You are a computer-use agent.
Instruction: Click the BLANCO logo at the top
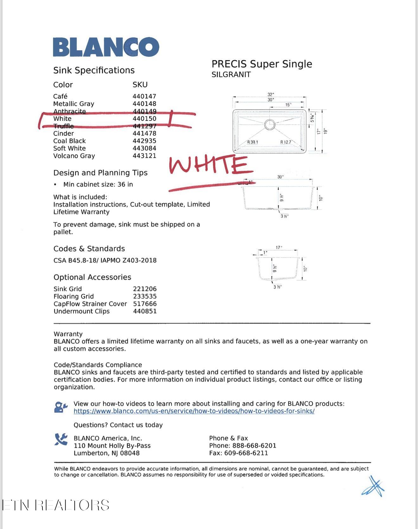pos(106,47)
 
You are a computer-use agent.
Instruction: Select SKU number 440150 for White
pos(144,119)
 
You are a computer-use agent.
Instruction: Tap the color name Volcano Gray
pos(74,156)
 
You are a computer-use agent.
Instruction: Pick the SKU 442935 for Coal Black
pos(144,141)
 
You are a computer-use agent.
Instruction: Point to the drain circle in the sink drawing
pos(269,124)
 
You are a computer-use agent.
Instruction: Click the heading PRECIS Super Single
pos(262,64)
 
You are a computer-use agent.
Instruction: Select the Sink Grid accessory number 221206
pos(145,289)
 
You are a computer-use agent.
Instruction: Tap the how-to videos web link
pos(194,411)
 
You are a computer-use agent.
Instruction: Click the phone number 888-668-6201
pos(254,445)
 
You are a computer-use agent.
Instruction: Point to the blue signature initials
pos(374,487)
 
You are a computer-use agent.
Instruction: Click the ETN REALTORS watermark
pos(56,505)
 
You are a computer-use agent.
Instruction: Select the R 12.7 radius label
pos(286,142)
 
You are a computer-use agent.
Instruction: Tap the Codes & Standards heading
pos(89,249)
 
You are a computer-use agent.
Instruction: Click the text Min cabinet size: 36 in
pos(98,184)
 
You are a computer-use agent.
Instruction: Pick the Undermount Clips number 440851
pos(145,311)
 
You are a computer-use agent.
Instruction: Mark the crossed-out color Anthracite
pos(69,111)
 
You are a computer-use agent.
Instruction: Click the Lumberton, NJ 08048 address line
pos(106,453)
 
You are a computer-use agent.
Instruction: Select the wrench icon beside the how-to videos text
pos(61,407)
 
